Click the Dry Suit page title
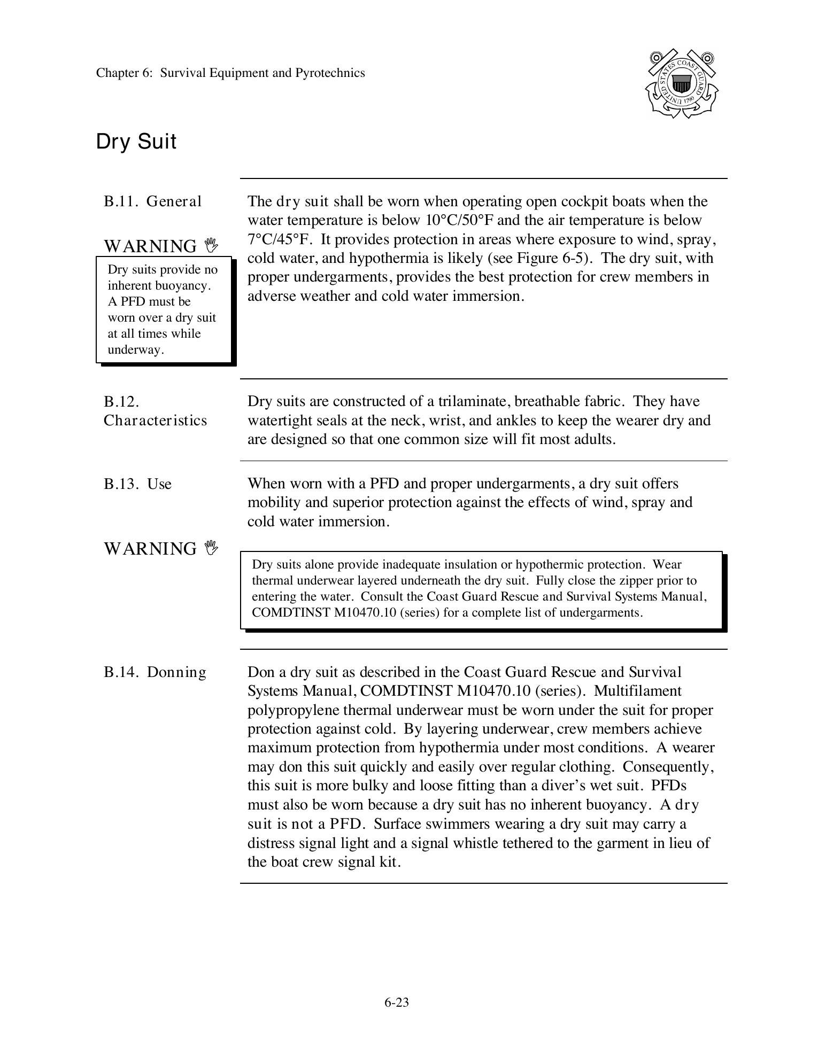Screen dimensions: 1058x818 136,142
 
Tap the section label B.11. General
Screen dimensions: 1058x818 152,201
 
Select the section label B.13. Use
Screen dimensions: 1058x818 137,484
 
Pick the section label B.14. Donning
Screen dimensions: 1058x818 155,672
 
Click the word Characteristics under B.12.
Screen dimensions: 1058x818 155,421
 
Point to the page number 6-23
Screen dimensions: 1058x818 396,1002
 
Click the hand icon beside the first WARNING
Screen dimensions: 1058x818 212,246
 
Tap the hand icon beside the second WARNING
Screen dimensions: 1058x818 212,548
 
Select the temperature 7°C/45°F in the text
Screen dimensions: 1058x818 279,239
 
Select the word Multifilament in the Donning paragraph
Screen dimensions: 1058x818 637,691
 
